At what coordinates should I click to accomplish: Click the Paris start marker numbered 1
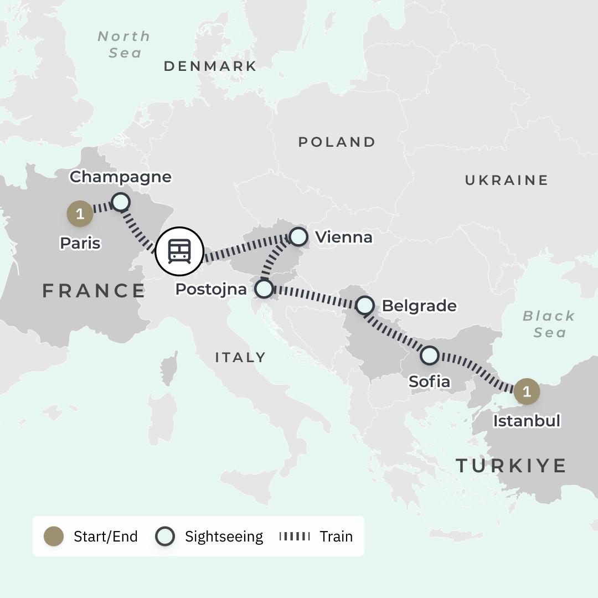tap(80, 214)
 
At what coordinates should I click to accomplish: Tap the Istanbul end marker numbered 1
tap(526, 391)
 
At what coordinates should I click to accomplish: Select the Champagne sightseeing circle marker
tap(121, 202)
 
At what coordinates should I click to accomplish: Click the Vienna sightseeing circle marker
tap(298, 236)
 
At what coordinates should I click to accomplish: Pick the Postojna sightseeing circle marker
tap(264, 288)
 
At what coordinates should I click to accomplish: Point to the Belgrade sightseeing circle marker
tap(365, 305)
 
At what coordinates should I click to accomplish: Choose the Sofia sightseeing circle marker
tap(430, 355)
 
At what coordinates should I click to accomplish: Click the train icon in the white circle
tap(179, 251)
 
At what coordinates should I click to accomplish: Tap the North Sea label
tap(123, 44)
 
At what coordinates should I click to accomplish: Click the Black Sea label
tap(549, 324)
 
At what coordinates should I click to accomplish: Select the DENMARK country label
tap(210, 66)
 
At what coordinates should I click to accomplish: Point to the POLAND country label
tap(337, 142)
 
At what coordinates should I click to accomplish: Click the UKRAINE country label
tap(506, 180)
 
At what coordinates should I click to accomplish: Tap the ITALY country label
tap(240, 358)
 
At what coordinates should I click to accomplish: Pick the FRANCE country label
tap(94, 291)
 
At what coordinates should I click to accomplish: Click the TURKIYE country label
tap(511, 466)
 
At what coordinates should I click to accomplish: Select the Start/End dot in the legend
tap(54, 536)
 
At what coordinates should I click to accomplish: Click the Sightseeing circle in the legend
tap(165, 536)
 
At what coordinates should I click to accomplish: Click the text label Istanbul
tap(527, 421)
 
